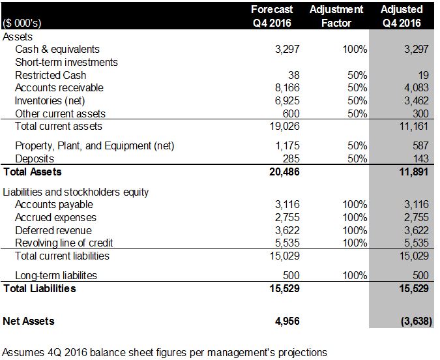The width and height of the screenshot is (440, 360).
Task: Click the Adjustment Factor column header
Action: [336, 16]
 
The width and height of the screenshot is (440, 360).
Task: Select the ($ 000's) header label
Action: [24, 23]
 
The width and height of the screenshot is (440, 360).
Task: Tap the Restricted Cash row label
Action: [50, 75]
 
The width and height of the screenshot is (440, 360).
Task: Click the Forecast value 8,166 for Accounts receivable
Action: [278, 87]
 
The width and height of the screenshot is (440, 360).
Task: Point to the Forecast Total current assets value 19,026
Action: [275, 126]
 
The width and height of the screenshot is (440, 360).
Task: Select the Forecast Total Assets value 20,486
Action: [274, 172]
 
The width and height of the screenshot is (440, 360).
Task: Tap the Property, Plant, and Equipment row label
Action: [95, 145]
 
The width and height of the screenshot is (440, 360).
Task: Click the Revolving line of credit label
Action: [64, 243]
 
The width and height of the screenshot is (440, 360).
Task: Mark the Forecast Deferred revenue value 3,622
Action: [278, 230]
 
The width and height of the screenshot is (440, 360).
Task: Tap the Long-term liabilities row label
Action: [55, 275]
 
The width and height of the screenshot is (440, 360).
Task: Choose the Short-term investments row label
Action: [66, 62]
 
